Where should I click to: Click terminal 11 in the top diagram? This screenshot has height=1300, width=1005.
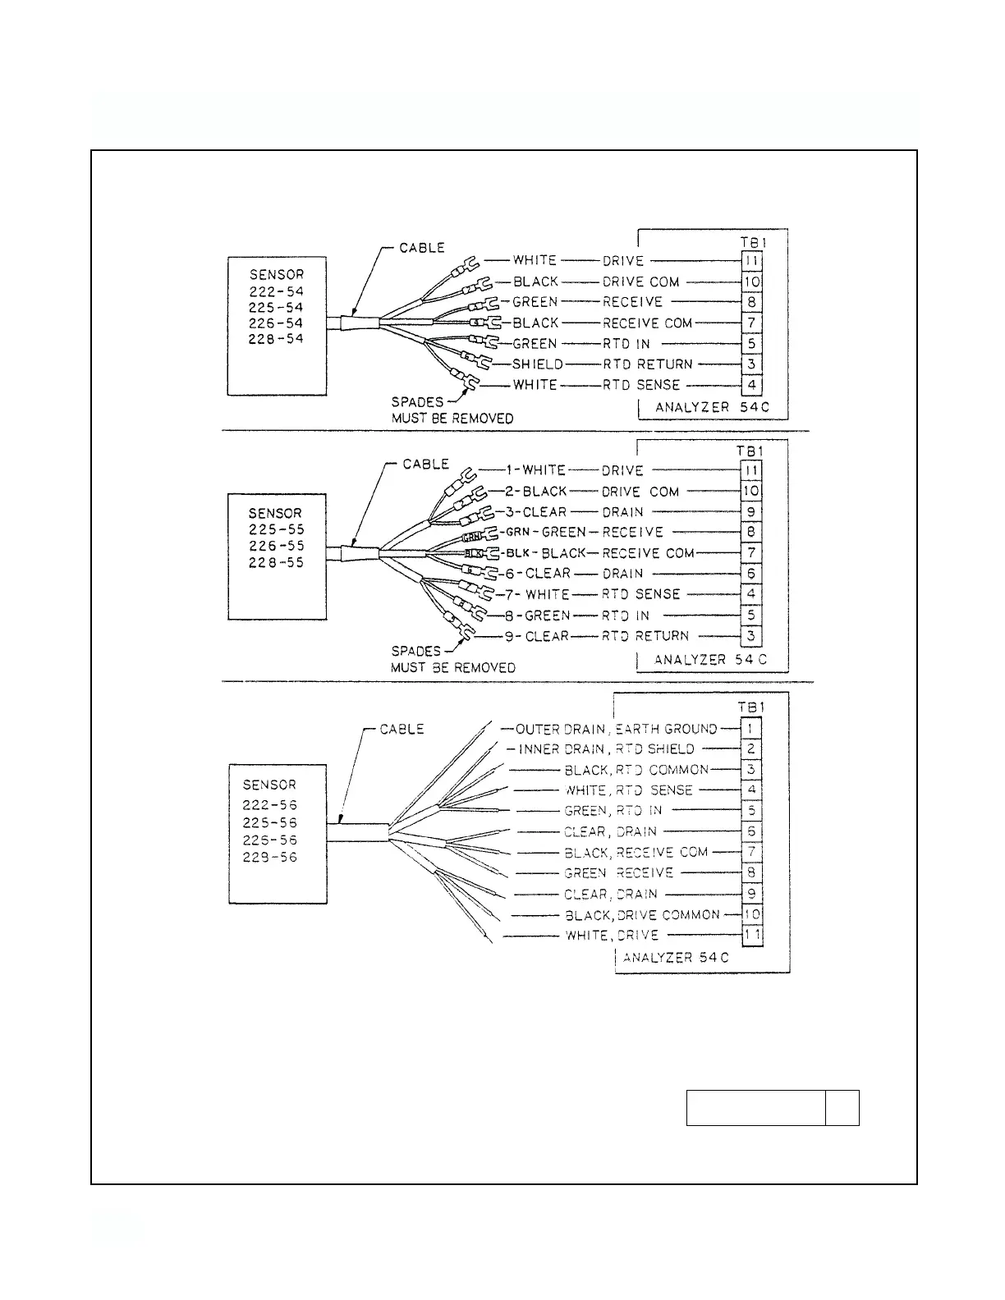coord(751,261)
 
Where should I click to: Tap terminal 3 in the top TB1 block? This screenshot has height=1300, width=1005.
coord(751,364)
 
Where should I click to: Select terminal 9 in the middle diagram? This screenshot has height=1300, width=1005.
coord(751,512)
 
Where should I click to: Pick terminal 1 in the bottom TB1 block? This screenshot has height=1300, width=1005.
coord(751,728)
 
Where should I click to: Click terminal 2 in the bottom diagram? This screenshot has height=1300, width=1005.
coord(751,748)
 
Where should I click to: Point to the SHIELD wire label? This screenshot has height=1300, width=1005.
coord(538,364)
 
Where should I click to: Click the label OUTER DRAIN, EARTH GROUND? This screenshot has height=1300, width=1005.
coord(616,729)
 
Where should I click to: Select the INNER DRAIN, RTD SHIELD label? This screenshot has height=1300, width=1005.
coord(606,749)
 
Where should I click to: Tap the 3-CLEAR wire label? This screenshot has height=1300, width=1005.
coord(535,512)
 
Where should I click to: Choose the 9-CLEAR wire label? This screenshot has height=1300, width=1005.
coord(536,636)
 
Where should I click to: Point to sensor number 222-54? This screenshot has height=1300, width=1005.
coord(276,291)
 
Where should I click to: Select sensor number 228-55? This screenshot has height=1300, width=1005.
coord(276,563)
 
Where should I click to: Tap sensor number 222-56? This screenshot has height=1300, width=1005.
coord(269,805)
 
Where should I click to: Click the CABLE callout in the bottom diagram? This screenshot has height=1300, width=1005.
coord(402,729)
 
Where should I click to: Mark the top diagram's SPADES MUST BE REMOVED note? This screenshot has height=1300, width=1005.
coord(452,410)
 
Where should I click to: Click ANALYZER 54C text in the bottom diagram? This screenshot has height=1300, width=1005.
coord(676,958)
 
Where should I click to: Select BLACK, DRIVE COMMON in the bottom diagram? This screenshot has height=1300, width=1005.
coord(642,915)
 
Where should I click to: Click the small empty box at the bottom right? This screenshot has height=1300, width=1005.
coord(842,1108)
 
